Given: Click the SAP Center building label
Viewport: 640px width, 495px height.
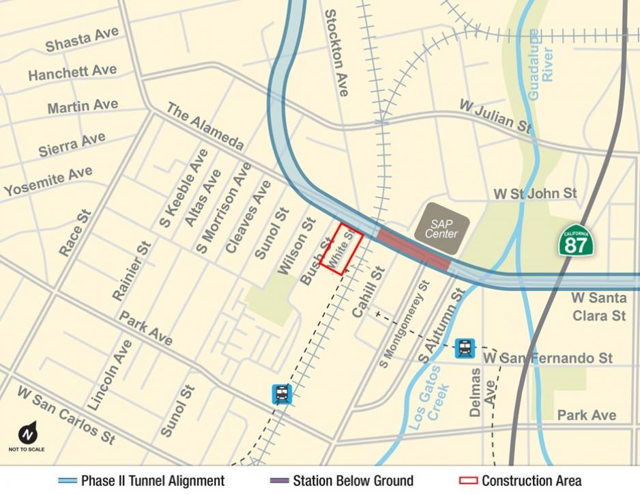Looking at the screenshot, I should click(x=441, y=229).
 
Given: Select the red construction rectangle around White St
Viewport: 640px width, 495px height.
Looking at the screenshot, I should click(x=340, y=249).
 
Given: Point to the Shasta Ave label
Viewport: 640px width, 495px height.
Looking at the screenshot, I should click(x=82, y=40).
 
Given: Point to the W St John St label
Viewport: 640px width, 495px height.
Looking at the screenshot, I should click(x=535, y=193).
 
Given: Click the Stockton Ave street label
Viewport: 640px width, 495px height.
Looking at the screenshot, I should click(x=336, y=52).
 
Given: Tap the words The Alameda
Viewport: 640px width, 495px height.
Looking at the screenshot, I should click(x=204, y=127).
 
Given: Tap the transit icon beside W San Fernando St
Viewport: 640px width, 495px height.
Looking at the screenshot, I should click(x=465, y=348).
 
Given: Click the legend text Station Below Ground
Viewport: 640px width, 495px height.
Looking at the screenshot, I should click(x=353, y=481).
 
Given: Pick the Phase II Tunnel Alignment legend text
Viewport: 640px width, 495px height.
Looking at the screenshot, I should click(x=152, y=481).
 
